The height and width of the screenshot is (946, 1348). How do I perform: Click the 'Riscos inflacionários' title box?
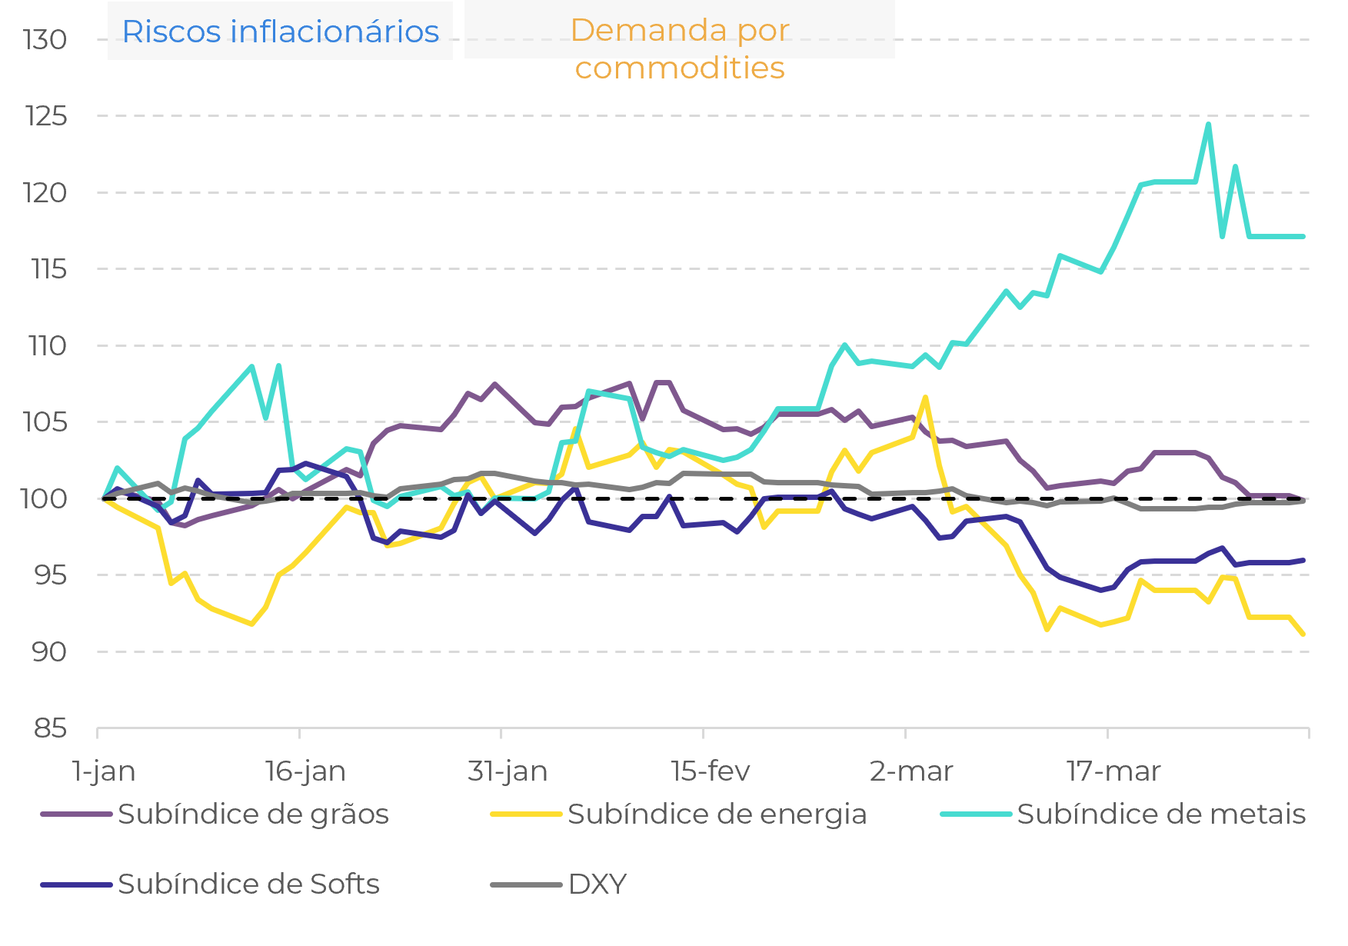pos(280,32)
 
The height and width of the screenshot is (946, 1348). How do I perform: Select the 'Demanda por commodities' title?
pos(680,48)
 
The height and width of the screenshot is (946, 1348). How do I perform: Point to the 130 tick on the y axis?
pos(45,40)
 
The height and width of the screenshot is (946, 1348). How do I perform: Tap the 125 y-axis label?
pos(46,116)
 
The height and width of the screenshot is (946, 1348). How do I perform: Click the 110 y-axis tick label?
pos(48,346)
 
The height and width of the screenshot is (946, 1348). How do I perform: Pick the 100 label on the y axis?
pos(45,498)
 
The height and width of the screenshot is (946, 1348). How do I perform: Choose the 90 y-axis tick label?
pos(49,652)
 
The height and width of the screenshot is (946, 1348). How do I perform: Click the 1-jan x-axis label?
pos(104,771)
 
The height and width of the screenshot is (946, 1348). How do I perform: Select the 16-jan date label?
pos(305,771)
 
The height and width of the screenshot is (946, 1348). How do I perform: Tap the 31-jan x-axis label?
pos(508,771)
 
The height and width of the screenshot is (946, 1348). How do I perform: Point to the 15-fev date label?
pos(710,771)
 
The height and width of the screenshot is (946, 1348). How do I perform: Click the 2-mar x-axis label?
pos(911,771)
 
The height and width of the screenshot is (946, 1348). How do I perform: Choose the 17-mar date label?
pos(1113,771)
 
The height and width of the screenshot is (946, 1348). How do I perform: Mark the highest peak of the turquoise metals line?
pos(1208,124)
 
